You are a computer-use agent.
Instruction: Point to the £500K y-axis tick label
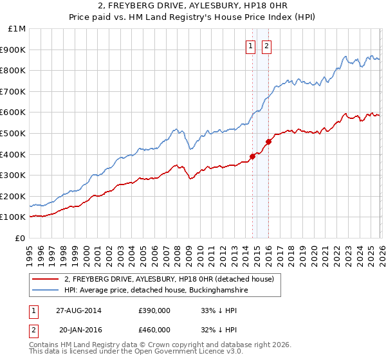pos(14,133)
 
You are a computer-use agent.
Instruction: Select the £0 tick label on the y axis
pos(19,238)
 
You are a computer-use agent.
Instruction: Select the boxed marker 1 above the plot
pos(250,46)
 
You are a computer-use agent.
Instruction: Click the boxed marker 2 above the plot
pos(266,46)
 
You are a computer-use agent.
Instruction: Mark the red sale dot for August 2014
pos(252,156)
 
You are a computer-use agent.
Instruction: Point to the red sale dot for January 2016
pos(268,141)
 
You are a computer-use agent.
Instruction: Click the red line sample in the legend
pos(46,279)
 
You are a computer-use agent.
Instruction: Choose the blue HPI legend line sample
pos(46,290)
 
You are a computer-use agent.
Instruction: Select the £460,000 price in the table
pos(154,329)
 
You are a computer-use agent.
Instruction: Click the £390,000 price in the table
pos(154,310)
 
